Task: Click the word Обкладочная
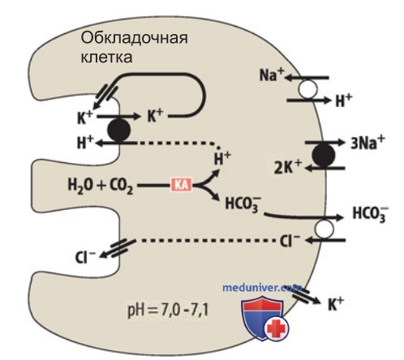(134, 38)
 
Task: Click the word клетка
(107, 58)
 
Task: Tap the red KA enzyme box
(181, 185)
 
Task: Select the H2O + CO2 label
(100, 186)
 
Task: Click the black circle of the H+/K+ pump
(119, 130)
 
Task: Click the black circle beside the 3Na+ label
(324, 155)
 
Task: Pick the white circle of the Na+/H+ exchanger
(307, 89)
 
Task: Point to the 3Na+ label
(367, 142)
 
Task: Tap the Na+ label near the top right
(272, 75)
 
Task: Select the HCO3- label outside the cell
(371, 214)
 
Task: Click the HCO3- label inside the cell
(243, 204)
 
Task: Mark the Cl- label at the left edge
(85, 257)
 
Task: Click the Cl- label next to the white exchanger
(290, 241)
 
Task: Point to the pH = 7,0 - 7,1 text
(168, 311)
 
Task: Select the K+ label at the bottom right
(335, 304)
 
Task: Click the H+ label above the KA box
(222, 158)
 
